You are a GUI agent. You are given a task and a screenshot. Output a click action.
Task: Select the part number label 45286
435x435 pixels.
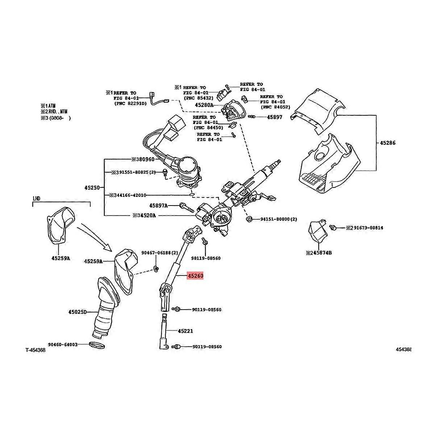(x=388, y=143)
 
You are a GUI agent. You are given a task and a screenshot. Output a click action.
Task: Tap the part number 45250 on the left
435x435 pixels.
(x=92, y=188)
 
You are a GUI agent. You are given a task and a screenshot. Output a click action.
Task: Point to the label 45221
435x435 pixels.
(x=185, y=331)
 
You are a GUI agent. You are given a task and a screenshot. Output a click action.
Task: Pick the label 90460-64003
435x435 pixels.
(x=63, y=344)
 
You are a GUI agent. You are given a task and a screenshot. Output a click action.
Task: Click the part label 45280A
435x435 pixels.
(x=204, y=105)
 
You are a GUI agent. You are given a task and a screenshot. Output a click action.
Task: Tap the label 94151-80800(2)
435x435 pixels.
(x=278, y=219)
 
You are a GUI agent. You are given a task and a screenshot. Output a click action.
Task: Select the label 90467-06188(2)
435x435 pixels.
(x=159, y=253)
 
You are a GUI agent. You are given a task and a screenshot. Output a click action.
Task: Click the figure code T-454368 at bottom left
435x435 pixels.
(x=35, y=350)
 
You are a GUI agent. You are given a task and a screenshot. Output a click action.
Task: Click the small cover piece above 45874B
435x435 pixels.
(x=316, y=231)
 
